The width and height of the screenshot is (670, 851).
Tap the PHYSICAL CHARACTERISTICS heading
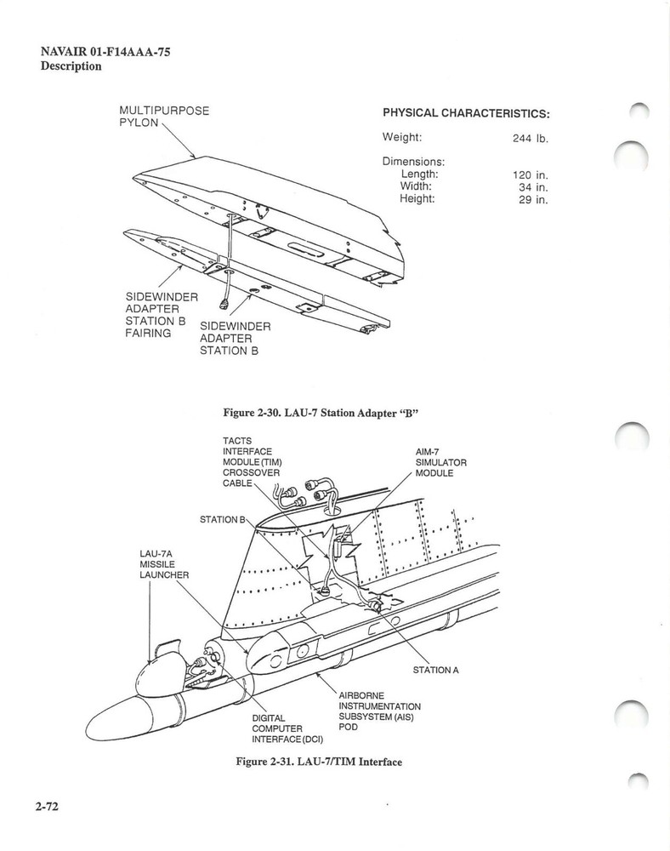(466, 113)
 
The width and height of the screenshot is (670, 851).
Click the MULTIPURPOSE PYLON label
(164, 117)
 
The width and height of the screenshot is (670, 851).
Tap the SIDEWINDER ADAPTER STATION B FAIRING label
(161, 315)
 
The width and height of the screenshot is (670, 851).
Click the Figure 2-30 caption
(322, 413)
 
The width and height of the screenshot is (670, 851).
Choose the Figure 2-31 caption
(318, 762)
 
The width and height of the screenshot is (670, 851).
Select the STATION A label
(435, 670)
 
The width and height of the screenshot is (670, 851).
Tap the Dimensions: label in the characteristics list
(414, 161)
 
